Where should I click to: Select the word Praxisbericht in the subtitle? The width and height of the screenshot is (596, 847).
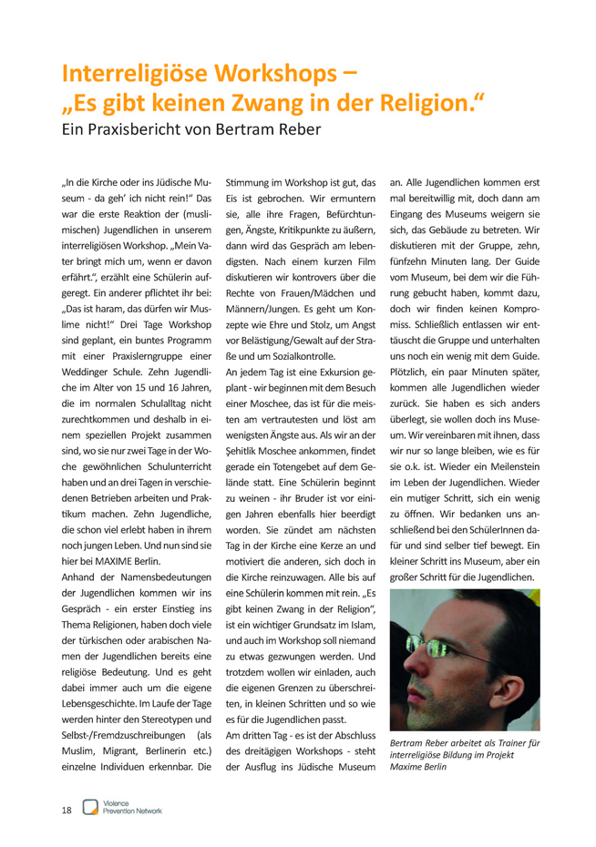pos(150,128)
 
